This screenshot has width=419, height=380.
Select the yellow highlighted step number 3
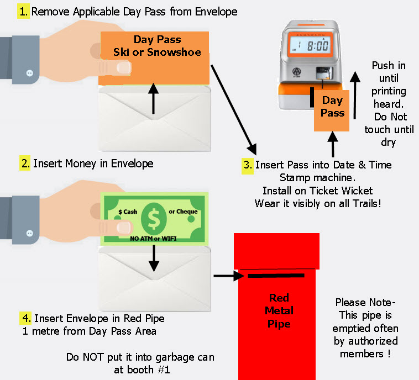pyautogui.click(x=248, y=165)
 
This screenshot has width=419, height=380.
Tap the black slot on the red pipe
pyautogui.click(x=276, y=275)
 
